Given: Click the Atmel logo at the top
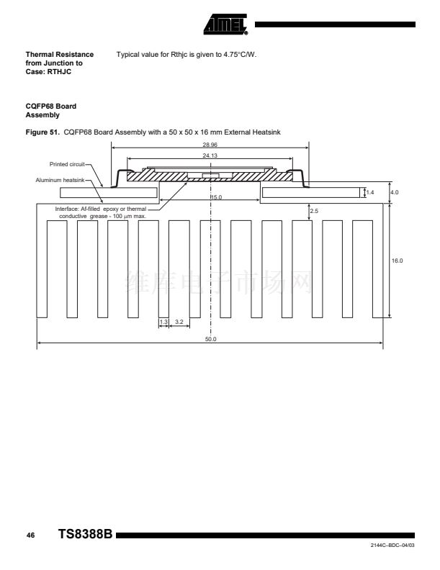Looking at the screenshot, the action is point(226,24).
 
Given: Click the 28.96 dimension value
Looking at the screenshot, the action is point(210,145).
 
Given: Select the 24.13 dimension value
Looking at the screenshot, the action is point(210,155).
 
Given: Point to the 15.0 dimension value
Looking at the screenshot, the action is point(216,197).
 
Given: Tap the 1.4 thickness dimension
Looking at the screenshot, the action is point(370,192).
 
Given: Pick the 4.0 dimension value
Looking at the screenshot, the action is point(395,192).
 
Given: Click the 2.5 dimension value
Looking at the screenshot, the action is point(314,211).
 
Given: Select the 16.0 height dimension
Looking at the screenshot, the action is point(397,261).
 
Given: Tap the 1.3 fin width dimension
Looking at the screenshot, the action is point(163,322).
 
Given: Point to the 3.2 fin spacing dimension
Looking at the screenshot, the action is point(179,322).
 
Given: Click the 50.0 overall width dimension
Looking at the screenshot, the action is point(210,339).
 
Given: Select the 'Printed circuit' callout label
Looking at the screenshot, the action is point(67,164).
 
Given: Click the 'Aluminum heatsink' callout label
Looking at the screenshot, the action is point(60,180).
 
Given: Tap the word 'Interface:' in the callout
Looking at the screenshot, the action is point(66,209).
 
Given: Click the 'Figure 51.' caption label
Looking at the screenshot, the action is point(42,132).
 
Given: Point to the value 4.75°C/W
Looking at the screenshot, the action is point(240,55).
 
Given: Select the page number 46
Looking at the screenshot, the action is point(30,535).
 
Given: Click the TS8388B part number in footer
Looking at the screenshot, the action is point(86,534).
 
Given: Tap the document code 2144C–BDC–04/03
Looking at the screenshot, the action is point(392,546).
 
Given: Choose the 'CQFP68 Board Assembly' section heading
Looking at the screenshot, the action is point(51,111).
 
